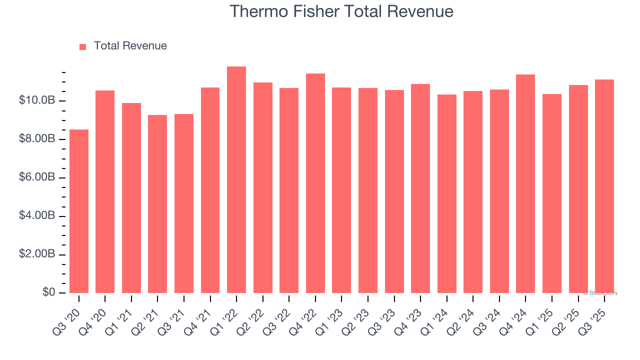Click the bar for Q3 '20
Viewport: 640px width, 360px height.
click(x=79, y=211)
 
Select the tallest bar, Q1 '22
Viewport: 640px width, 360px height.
click(x=236, y=179)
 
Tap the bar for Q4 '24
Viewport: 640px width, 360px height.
click(x=525, y=183)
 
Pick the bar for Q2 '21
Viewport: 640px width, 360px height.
click(x=157, y=204)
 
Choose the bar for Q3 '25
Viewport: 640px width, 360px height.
click(x=604, y=186)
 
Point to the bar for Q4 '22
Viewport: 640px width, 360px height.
click(x=315, y=183)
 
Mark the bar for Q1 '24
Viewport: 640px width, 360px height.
click(x=446, y=193)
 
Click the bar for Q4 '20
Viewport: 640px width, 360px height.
click(x=105, y=191)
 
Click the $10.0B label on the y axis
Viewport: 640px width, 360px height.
click(x=36, y=100)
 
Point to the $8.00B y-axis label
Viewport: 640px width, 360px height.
click(x=36, y=139)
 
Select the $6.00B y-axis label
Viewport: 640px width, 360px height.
click(x=36, y=177)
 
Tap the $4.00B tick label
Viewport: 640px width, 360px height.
click(x=36, y=216)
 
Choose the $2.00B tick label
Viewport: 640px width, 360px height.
click(x=36, y=254)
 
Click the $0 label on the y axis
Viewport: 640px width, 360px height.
click(x=48, y=292)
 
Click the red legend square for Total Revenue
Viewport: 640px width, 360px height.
click(x=83, y=46)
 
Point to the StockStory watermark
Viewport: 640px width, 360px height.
click(x=600, y=293)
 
